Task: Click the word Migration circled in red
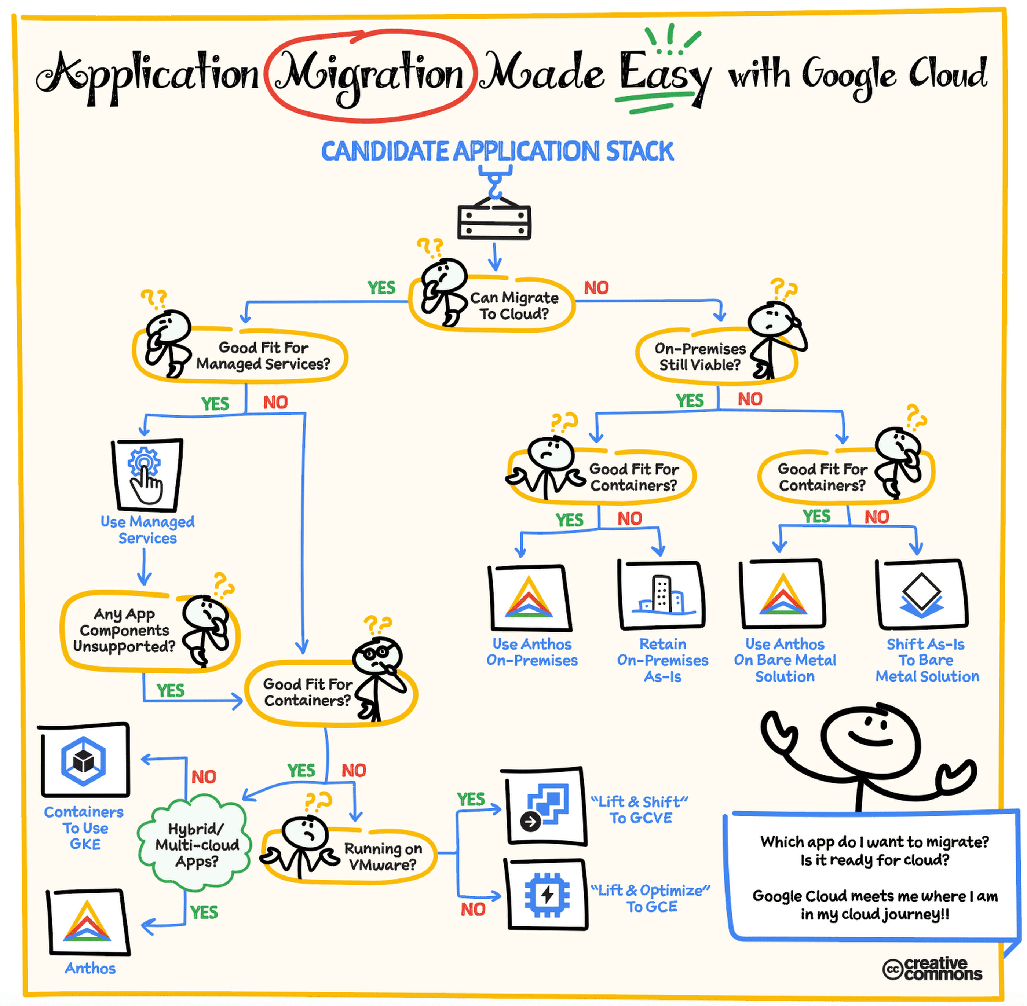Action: tap(370, 75)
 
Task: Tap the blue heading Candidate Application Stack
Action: tap(497, 152)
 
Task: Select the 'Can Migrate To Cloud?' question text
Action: tap(514, 306)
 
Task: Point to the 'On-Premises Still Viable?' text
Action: tap(700, 357)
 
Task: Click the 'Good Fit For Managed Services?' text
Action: tap(263, 356)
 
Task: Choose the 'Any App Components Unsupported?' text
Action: tap(124, 630)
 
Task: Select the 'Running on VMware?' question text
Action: tap(383, 856)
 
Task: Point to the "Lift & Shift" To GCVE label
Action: tap(640, 809)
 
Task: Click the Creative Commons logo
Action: tap(932, 969)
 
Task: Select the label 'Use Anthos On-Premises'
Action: tap(532, 652)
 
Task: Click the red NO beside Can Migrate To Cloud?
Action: tap(596, 288)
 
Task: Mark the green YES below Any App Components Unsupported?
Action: tap(170, 691)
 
